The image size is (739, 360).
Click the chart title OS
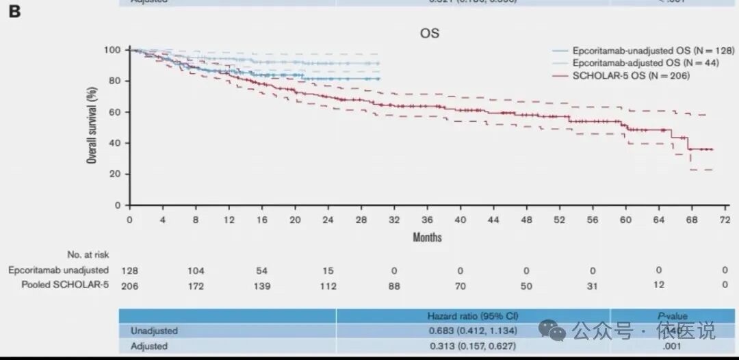[430, 33]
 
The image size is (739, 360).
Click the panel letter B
[14, 12]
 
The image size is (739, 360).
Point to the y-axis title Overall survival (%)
[91, 127]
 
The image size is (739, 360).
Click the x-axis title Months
[427, 237]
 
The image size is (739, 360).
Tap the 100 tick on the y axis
[113, 50]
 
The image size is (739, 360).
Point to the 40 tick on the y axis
[116, 143]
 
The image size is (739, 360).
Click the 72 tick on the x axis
[725, 220]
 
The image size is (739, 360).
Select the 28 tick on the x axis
[361, 220]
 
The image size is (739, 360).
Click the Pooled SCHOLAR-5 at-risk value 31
[593, 286]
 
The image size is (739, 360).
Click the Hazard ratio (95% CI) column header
[472, 316]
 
